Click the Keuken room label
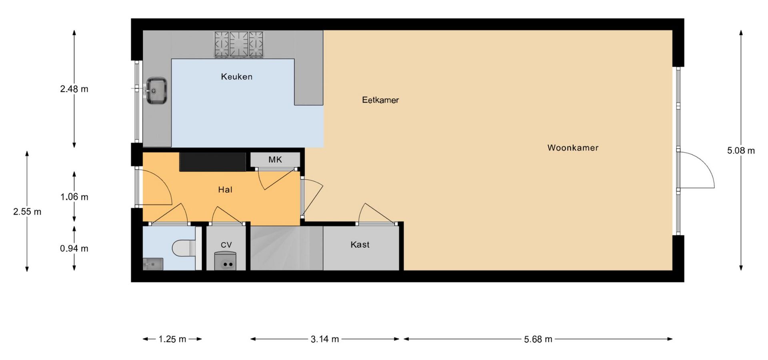coord(236,76)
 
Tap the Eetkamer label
coord(380,100)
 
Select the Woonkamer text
coord(573,148)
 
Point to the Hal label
coord(225,190)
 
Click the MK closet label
coord(275,160)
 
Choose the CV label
coord(226,245)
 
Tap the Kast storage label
coord(360,244)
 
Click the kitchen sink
coord(156,91)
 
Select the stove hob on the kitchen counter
coord(239,44)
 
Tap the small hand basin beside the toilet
coord(153,264)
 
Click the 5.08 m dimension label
coord(741,151)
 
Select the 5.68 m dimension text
coord(538,339)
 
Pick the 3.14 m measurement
coord(325,339)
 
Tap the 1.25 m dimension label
coord(172,339)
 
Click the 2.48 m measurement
coord(74,89)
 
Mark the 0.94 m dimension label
coord(74,248)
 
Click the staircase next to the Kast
coord(286,248)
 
